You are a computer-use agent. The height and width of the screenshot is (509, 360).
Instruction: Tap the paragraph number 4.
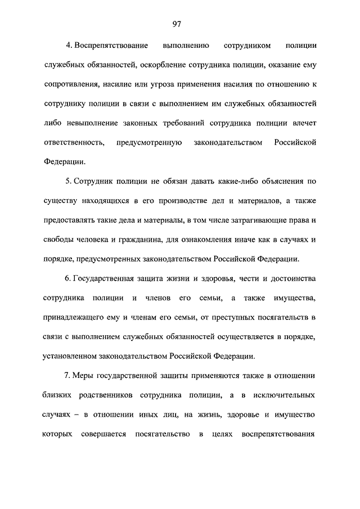67,44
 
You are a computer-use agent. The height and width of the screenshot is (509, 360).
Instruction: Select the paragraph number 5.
67,182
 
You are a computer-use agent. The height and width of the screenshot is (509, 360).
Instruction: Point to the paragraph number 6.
67,278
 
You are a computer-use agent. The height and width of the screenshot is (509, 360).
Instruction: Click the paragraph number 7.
67,375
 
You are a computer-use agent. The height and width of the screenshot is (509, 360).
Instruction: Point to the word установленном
73,356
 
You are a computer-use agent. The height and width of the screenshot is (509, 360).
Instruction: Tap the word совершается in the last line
101,434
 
